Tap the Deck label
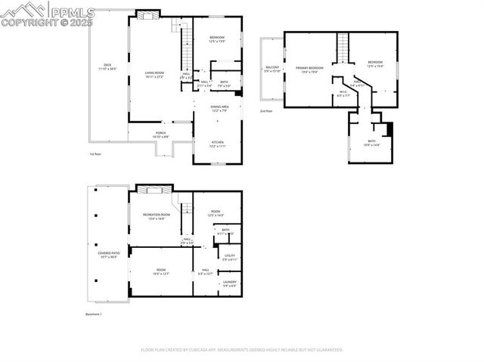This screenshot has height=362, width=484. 107,67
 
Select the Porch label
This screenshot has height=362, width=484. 161,135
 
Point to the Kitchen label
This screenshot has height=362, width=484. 217,144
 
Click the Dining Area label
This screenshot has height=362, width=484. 220,108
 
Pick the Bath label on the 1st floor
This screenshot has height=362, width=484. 225,83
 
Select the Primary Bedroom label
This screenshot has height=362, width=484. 310,70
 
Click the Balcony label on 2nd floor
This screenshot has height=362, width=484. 272,70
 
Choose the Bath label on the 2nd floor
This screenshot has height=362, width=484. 371,142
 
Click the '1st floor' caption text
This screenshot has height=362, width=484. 95,153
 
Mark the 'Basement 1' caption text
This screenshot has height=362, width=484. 94,314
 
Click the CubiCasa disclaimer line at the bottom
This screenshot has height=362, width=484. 242,350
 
